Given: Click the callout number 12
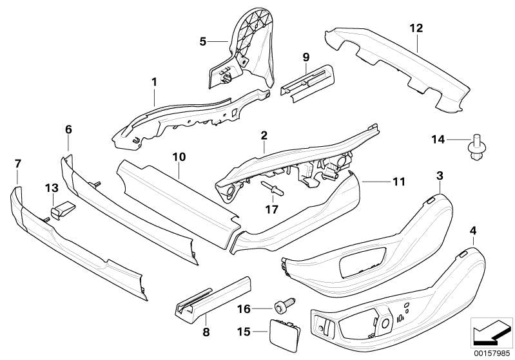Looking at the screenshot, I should click(x=416, y=28).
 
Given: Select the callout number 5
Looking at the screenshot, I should click(x=202, y=42).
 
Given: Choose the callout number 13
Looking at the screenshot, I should click(x=52, y=188).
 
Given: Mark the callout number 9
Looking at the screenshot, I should click(x=306, y=57).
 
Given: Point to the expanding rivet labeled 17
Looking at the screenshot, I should click(x=274, y=189).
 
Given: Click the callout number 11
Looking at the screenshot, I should click(x=398, y=182).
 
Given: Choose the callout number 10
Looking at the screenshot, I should click(x=178, y=156).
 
